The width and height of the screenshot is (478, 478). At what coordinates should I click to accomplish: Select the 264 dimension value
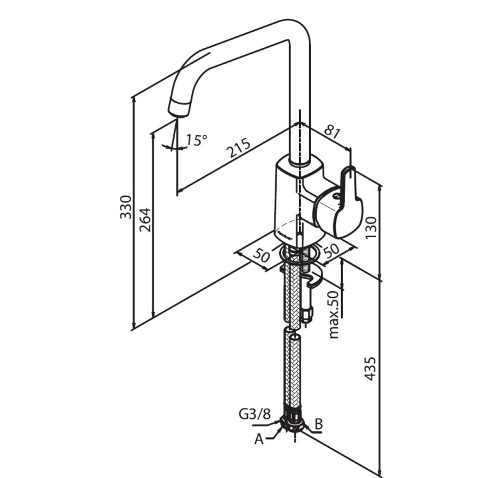pos(145,219)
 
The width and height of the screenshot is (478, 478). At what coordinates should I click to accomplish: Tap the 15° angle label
pos(196,140)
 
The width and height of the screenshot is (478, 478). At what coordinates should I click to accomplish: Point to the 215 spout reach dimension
pos(238,149)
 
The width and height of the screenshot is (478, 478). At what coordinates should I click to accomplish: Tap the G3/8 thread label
pos(254,414)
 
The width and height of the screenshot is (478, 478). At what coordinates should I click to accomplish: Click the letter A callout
pos(259,438)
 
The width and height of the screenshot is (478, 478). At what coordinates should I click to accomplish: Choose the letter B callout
pos(319,423)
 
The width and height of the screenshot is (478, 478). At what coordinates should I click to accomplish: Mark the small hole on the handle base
pos(333,198)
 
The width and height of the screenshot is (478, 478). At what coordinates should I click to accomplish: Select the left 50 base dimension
pos(261,255)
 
